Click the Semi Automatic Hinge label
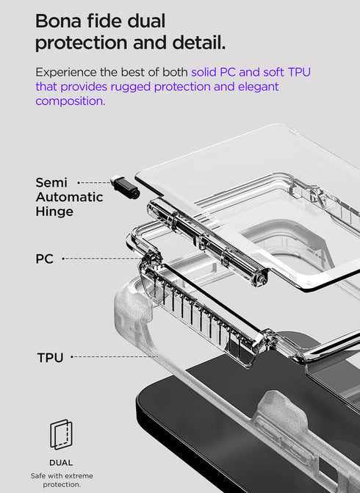69,197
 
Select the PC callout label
45,259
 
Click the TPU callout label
50,358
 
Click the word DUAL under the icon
61,462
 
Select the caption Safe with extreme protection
61,480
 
